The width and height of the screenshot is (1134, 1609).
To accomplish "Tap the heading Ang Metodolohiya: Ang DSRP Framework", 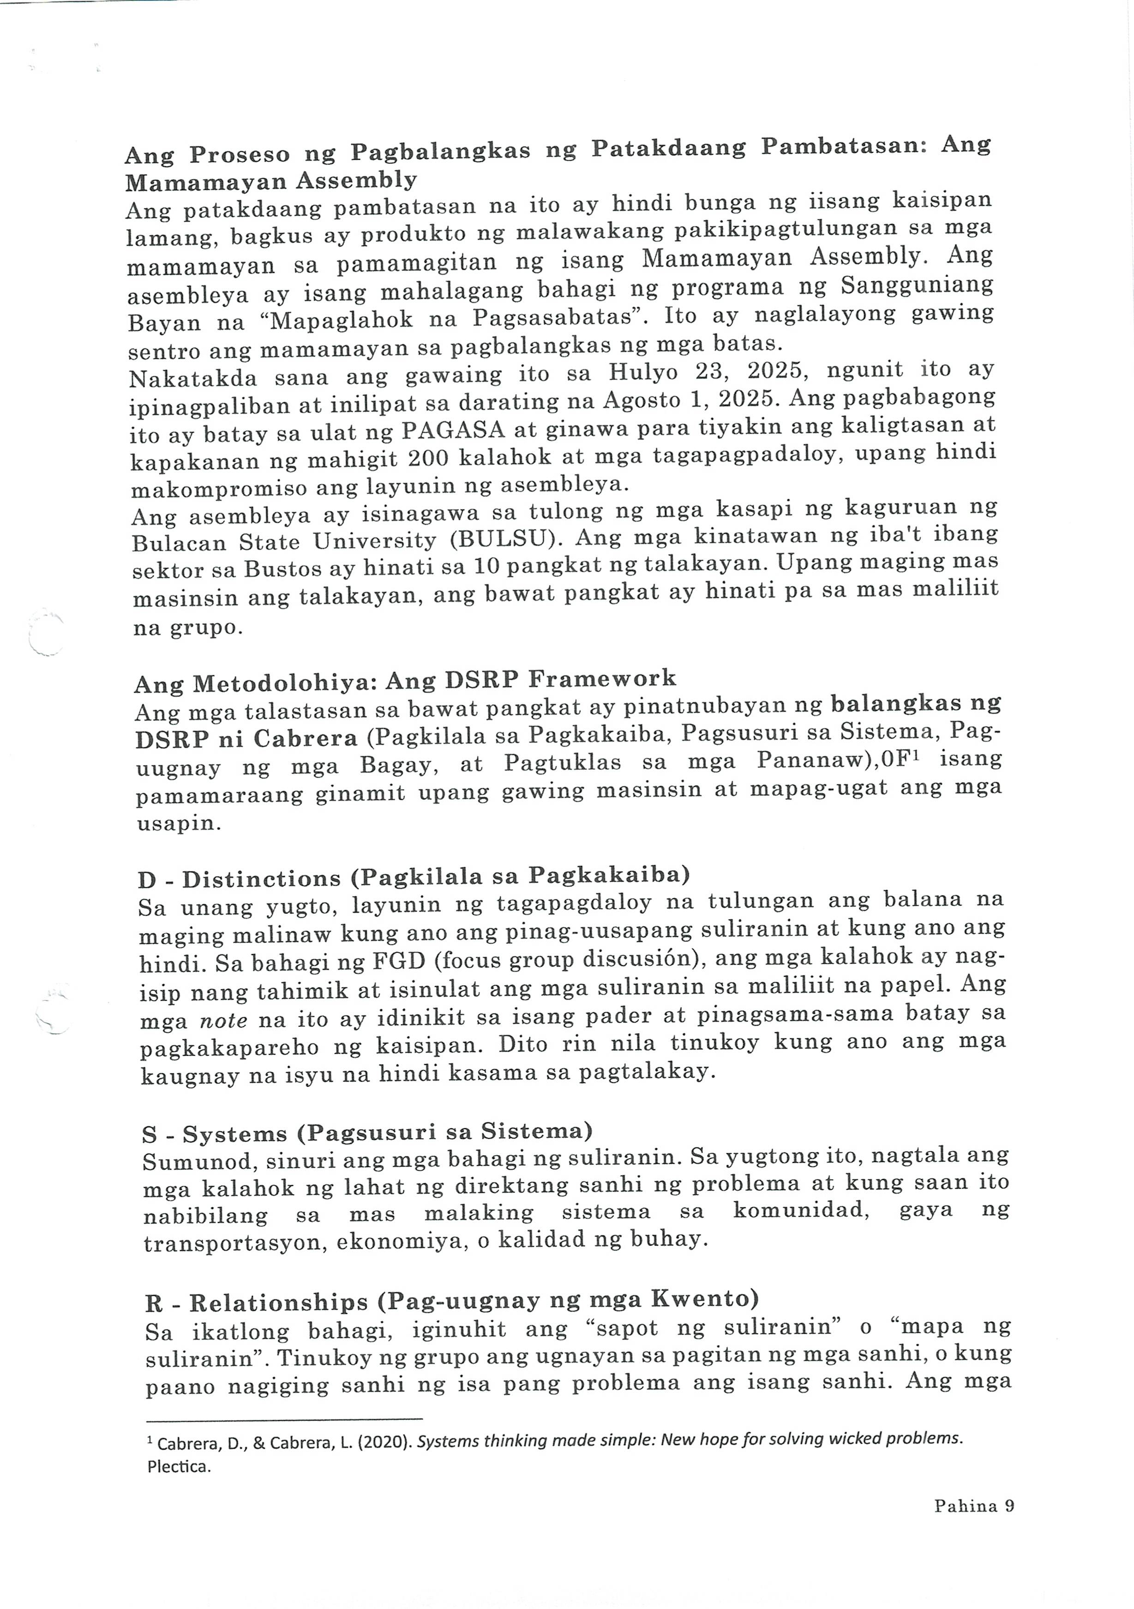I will click(x=406, y=679).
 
